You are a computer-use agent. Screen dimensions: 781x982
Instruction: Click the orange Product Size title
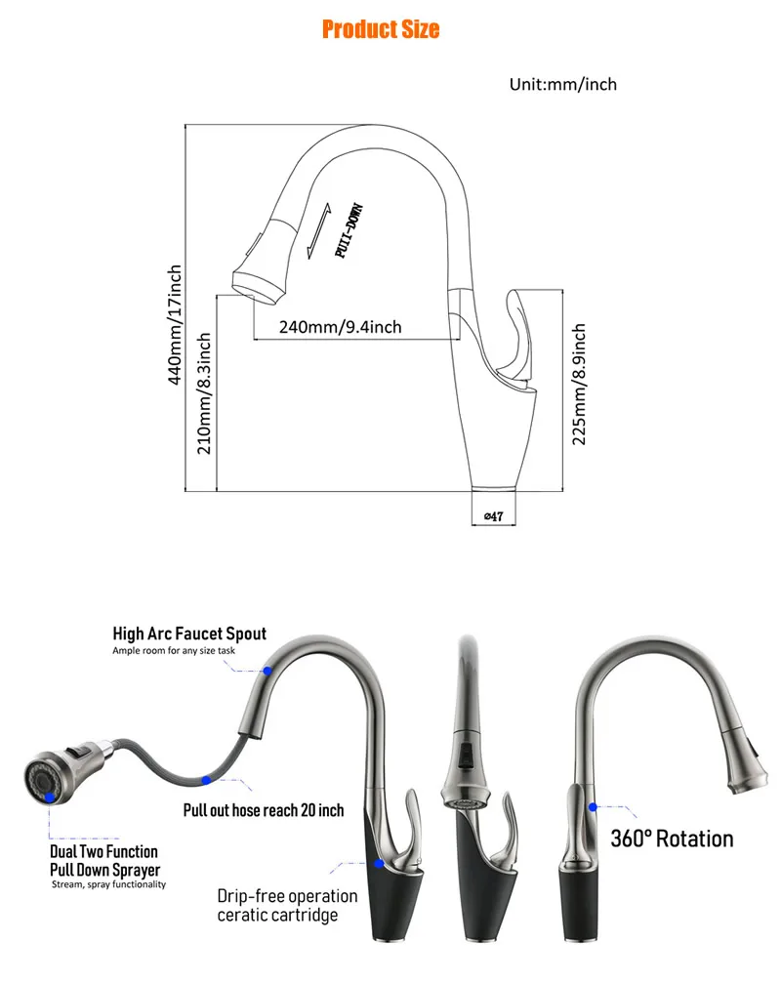[x=381, y=29]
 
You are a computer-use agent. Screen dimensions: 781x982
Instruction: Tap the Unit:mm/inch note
[x=563, y=85]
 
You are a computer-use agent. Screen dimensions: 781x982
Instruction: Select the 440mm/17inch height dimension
[x=175, y=324]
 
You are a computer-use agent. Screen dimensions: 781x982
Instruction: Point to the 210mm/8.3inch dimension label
[x=204, y=393]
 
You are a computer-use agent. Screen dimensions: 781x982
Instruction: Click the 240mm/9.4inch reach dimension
[x=340, y=327]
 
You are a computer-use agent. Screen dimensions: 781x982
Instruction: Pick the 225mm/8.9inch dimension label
[x=579, y=384]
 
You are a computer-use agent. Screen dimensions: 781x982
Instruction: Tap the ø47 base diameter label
[x=494, y=516]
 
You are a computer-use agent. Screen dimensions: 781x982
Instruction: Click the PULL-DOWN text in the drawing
[x=349, y=230]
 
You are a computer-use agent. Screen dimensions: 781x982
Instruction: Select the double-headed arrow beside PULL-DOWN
[x=319, y=231]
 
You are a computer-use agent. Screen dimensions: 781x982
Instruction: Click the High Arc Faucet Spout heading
[x=189, y=634]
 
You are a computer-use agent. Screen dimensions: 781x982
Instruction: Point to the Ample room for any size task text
[x=174, y=651]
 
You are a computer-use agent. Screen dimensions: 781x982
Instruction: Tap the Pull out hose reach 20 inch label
[x=264, y=810]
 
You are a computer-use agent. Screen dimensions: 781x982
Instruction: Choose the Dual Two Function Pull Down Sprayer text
[x=105, y=861]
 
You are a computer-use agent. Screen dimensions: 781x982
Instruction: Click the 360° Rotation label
[x=672, y=839]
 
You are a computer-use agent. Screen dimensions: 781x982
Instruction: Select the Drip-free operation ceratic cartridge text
[x=287, y=906]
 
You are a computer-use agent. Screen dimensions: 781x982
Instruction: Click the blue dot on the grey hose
[x=206, y=780]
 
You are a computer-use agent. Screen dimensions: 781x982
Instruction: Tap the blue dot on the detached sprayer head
[x=50, y=798]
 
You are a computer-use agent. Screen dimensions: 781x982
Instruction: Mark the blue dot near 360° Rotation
[x=594, y=807]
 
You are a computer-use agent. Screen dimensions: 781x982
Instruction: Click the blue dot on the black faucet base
[x=379, y=864]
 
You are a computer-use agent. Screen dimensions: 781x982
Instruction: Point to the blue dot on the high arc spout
[x=267, y=671]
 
